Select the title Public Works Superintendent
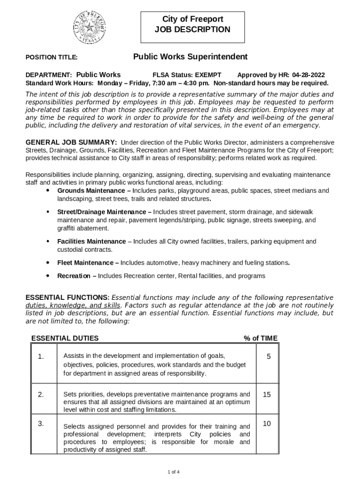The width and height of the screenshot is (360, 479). click(x=190, y=57)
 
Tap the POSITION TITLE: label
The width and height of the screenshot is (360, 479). click(x=51, y=58)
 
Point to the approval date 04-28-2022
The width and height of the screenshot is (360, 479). click(x=309, y=75)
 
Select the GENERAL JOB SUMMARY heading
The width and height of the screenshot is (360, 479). click(x=71, y=142)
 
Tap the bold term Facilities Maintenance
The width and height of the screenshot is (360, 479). click(x=91, y=241)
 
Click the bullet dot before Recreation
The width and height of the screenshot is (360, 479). click(x=48, y=276)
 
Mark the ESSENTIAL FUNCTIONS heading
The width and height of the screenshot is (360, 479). click(x=67, y=298)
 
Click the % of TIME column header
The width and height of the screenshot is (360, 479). click(x=260, y=338)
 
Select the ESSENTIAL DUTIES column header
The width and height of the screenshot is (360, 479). click(x=65, y=338)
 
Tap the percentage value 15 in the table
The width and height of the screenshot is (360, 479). click(x=266, y=394)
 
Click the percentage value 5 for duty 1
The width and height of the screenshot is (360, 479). click(x=268, y=356)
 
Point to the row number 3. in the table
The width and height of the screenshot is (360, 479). click(x=41, y=424)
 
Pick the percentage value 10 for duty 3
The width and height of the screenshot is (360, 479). click(x=266, y=424)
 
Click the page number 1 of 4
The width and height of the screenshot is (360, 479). click(x=173, y=471)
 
